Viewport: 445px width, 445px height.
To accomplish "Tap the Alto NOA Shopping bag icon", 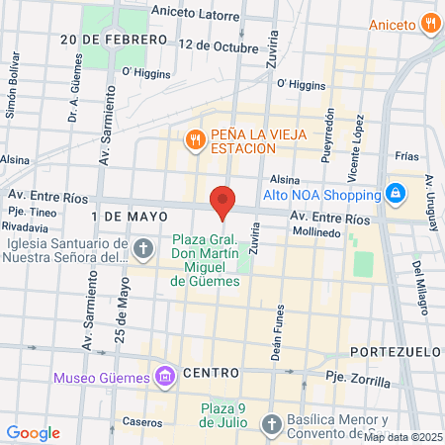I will (x=396, y=193).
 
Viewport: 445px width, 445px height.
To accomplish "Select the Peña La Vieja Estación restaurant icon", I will (x=195, y=139).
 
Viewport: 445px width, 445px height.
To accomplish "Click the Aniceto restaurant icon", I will (x=430, y=23).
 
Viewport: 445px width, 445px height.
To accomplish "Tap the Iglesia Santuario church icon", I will (x=143, y=248).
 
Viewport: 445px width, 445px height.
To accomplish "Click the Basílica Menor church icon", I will (x=271, y=424).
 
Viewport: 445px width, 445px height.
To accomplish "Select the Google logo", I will (x=33, y=432).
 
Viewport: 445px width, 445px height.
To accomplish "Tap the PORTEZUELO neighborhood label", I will (x=391, y=352).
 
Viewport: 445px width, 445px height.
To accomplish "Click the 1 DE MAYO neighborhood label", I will (x=124, y=215).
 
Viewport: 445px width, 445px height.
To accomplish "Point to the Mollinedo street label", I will (x=316, y=232).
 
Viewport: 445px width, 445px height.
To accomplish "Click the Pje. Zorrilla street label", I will (x=352, y=379).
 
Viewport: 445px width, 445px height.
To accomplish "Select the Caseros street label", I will (x=142, y=421).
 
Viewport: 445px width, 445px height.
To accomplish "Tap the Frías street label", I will (x=406, y=156).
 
